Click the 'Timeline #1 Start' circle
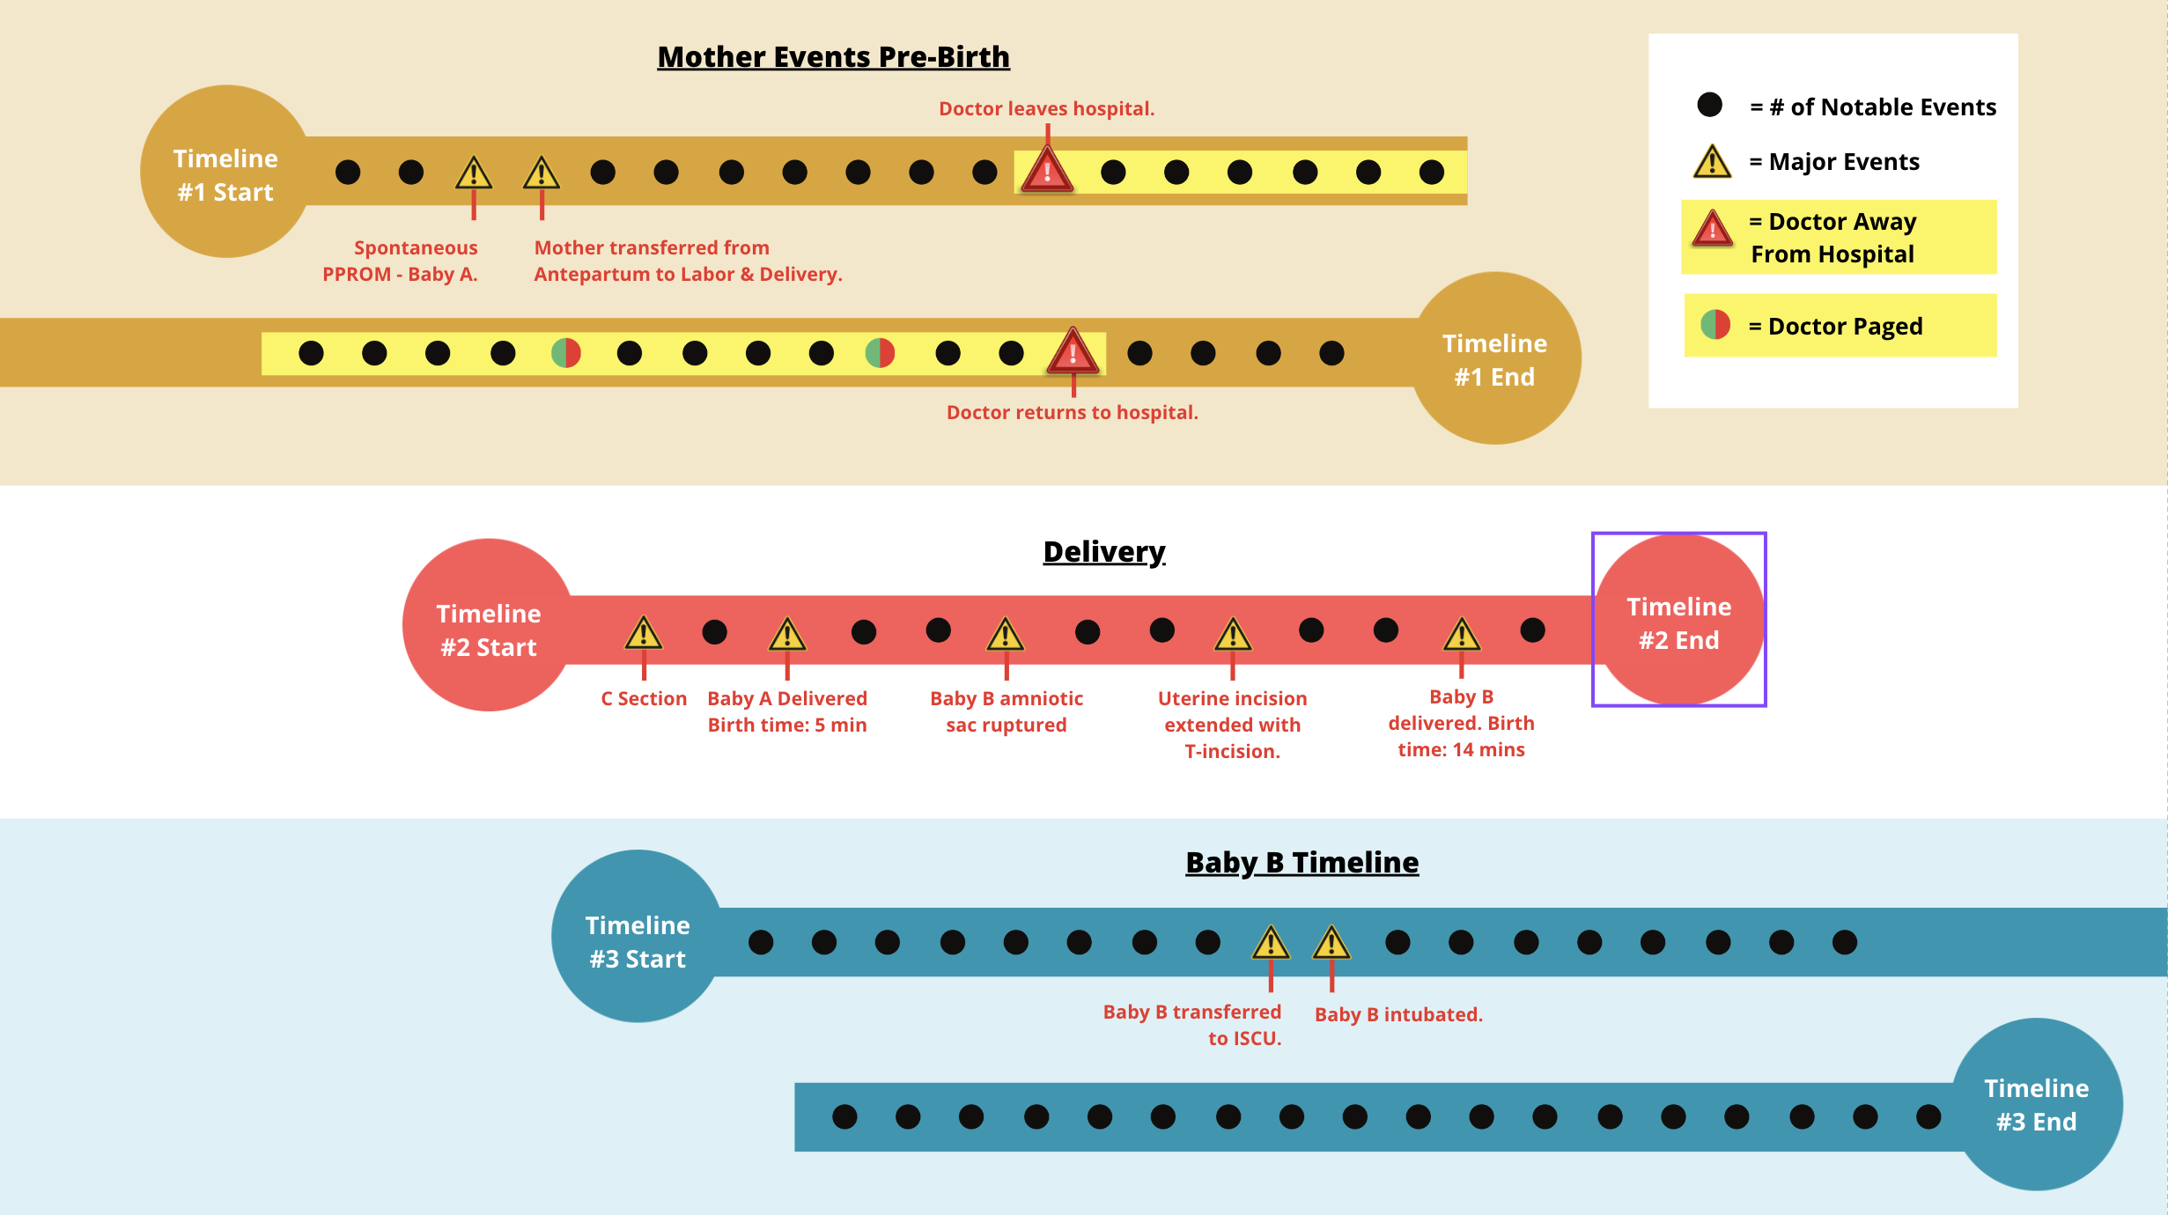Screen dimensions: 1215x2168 click(x=226, y=173)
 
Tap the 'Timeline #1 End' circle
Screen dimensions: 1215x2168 click(x=1495, y=359)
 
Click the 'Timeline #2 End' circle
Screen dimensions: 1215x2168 click(x=1678, y=622)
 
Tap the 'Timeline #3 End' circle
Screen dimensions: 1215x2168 click(x=2036, y=1104)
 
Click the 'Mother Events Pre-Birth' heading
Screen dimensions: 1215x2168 click(x=833, y=57)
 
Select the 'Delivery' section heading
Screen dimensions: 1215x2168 click(x=1103, y=552)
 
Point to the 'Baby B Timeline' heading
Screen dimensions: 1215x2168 click(x=1302, y=863)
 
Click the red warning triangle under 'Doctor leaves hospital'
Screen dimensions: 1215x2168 click(x=1047, y=171)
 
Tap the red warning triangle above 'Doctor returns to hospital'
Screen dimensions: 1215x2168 click(x=1073, y=352)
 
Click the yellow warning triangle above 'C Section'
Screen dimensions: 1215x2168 click(x=644, y=633)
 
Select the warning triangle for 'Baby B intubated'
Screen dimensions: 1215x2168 click(x=1331, y=943)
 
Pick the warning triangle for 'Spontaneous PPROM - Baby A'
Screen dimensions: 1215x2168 click(x=474, y=173)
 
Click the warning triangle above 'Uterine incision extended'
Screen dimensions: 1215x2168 click(x=1233, y=634)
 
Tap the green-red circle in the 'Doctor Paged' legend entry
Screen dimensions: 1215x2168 click(x=1715, y=326)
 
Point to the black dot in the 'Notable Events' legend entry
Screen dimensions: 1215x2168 click(x=1710, y=106)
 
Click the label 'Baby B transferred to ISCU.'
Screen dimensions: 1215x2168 click(x=1192, y=1025)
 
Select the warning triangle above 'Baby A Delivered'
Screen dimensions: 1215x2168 click(x=787, y=634)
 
